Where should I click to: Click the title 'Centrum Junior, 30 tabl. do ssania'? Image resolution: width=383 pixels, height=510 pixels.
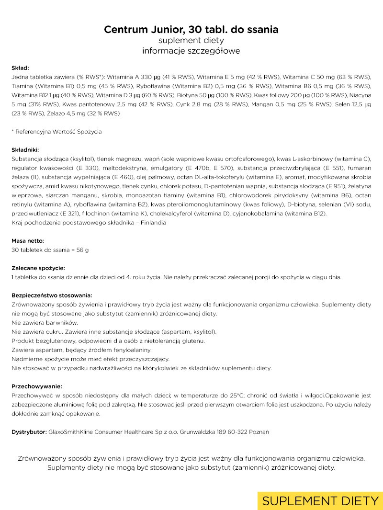click(x=191, y=30)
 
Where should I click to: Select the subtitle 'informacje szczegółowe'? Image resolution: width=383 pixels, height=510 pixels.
click(x=191, y=51)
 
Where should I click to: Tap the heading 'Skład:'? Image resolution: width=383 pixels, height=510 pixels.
click(x=21, y=68)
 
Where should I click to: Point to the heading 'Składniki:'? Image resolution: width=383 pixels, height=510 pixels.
click(x=25, y=149)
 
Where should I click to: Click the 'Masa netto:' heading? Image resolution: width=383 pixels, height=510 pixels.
click(x=28, y=241)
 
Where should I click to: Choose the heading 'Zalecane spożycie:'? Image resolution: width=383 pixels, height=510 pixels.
click(x=38, y=268)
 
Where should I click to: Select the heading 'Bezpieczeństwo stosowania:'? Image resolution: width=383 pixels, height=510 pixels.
click(x=52, y=295)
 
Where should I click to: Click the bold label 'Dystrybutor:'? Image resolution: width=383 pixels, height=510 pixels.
click(x=29, y=432)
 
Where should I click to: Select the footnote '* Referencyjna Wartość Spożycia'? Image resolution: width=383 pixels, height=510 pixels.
click(x=56, y=132)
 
